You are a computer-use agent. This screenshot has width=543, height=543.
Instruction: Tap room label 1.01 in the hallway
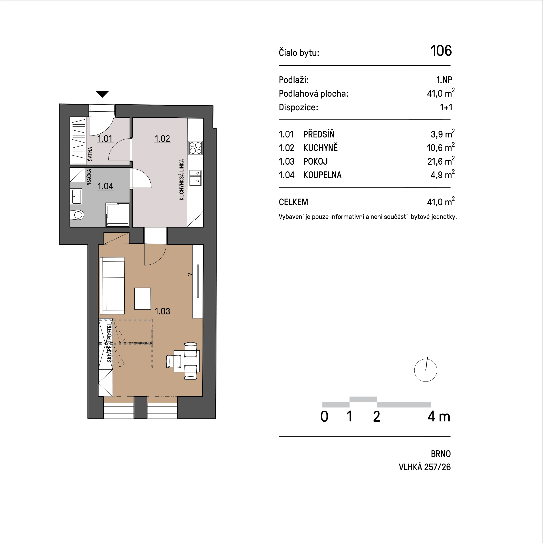click(x=105, y=139)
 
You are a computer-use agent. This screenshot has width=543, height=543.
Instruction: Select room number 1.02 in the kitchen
click(x=162, y=139)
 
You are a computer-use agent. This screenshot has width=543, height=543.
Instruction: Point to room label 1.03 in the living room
click(x=162, y=311)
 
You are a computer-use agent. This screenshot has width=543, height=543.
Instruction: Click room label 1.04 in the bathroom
click(x=105, y=186)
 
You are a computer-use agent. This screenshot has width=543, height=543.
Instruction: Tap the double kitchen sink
click(x=195, y=178)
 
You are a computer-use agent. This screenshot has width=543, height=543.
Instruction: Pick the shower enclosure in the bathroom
click(x=117, y=215)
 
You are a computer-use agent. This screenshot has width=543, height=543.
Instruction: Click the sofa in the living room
click(x=112, y=286)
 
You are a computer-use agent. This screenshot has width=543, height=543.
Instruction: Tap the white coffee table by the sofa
click(x=143, y=299)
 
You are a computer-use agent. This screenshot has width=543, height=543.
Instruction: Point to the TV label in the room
click(x=190, y=276)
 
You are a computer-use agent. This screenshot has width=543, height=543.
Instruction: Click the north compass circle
click(x=426, y=370)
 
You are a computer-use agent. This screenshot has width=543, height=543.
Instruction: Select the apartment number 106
click(x=441, y=51)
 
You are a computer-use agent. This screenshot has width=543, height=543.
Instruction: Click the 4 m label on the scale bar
click(x=439, y=417)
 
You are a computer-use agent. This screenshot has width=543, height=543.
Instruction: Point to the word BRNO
click(x=441, y=454)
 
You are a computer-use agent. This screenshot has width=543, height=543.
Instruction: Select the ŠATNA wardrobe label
click(x=90, y=154)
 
